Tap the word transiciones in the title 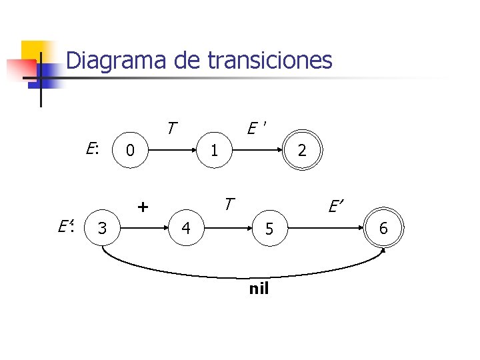click(x=269, y=61)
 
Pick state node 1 click(x=214, y=151)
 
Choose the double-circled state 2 click(x=302, y=151)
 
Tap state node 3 click(x=102, y=229)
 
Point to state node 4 click(x=186, y=229)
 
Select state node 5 click(x=269, y=229)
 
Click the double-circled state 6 click(x=383, y=229)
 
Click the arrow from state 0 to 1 click(x=172, y=151)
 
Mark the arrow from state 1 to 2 click(x=257, y=151)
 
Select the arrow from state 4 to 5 click(x=227, y=229)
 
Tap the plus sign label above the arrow click(x=142, y=207)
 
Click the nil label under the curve click(x=259, y=289)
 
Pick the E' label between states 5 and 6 click(x=335, y=208)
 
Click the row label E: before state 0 click(x=92, y=148)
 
